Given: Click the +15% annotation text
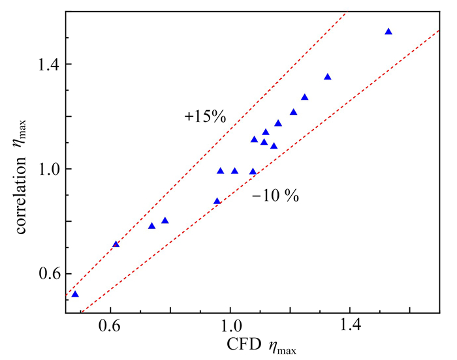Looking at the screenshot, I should point(204,117).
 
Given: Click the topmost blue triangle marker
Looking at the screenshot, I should point(388,31).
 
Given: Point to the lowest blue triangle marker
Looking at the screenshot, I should point(75,294).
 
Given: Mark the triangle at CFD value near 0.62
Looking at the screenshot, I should point(116,245).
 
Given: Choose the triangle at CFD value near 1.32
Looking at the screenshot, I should point(328,77).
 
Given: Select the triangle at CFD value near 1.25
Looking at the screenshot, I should point(304,97).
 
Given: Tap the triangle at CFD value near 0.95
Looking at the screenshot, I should point(217,202).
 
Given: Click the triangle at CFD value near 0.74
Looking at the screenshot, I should point(151,226).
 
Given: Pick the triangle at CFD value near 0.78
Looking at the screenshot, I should point(165,220).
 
